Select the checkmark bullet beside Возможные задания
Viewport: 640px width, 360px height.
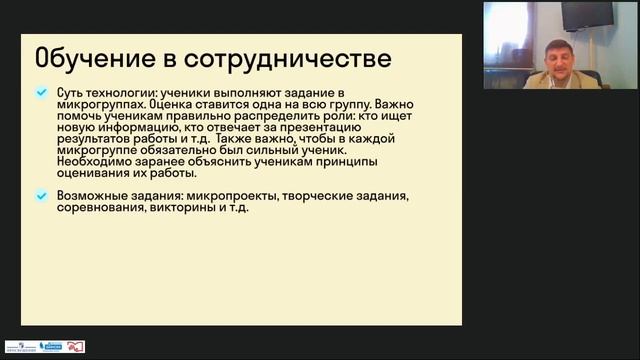[x=41, y=194]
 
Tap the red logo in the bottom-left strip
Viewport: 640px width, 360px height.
[x=75, y=346]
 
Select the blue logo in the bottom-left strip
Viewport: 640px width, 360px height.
[x=50, y=346]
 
